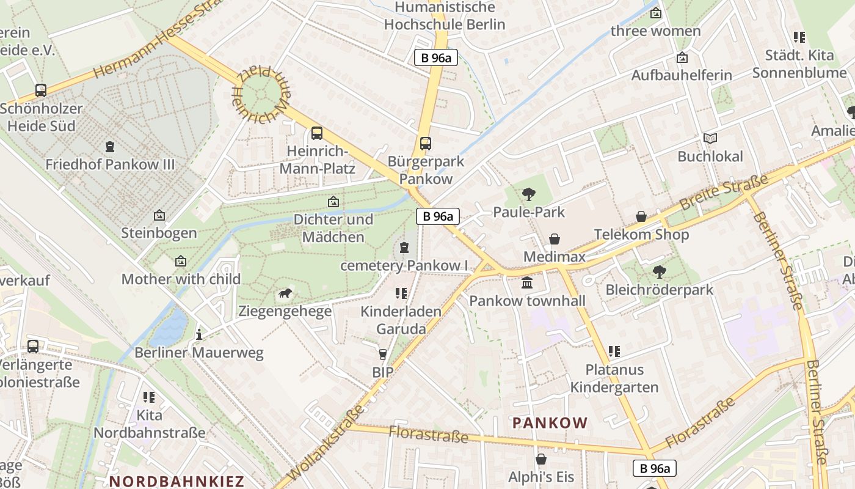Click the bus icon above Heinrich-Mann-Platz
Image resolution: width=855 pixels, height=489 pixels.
316,133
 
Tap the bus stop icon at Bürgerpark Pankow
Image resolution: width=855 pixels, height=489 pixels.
426,144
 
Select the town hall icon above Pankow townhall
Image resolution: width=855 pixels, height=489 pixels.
527,283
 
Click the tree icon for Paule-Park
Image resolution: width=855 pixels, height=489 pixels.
529,194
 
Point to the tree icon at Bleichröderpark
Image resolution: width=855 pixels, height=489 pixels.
659,271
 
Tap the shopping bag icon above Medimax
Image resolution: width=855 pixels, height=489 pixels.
555,238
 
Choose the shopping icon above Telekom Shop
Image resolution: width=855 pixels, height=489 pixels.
641,216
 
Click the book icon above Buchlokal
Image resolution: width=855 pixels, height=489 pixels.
710,138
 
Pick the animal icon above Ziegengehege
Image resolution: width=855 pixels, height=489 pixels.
285,294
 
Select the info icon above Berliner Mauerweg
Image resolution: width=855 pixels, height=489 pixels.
198,335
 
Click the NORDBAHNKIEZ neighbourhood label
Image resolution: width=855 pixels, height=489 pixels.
176,481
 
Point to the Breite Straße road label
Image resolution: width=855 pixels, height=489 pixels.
724,193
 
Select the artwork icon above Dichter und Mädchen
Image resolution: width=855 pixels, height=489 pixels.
333,201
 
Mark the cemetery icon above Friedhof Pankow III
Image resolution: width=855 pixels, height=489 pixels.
110,147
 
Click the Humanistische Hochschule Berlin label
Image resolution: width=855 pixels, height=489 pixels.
445,16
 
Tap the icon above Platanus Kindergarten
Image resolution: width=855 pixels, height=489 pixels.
614,351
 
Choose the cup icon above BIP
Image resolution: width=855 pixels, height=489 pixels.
383,354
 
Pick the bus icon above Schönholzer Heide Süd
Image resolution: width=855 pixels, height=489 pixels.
41,90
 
